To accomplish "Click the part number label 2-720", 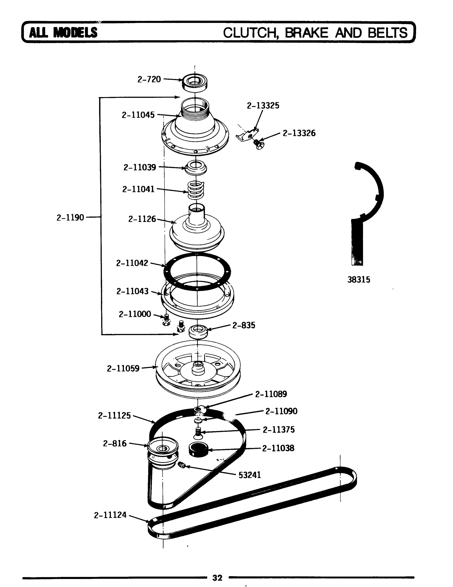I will click(149, 79).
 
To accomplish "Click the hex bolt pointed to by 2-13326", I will click(259, 144).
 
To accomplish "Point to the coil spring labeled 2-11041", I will click(196, 191).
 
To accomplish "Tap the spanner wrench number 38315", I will click(358, 280).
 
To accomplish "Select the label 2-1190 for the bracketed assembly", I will click(70, 217).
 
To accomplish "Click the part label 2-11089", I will click(271, 394).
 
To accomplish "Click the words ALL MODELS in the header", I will click(63, 33).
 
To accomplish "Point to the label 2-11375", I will click(279, 429).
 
